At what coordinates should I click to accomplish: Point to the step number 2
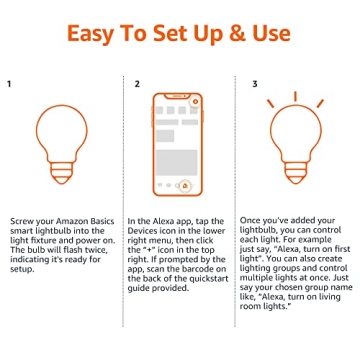point(137,84)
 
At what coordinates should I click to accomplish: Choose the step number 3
point(255,84)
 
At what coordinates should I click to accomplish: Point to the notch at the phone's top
point(179,98)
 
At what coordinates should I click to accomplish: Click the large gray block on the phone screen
point(174,123)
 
